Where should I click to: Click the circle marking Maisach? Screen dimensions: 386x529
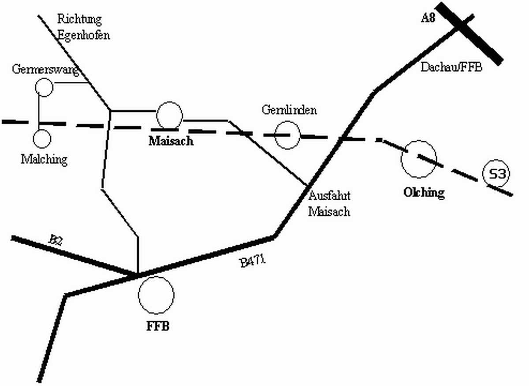169,115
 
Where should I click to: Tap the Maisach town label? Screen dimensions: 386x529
171,142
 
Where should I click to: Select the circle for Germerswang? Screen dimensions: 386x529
44,87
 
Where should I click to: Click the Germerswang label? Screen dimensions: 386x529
45,70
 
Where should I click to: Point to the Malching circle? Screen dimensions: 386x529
42,139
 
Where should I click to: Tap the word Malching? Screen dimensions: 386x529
45,159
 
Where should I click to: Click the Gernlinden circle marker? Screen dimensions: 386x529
287,135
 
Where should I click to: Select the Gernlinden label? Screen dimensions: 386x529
289,110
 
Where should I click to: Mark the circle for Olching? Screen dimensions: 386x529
418,159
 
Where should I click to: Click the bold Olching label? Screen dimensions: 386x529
424,193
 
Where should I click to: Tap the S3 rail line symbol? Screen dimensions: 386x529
496,175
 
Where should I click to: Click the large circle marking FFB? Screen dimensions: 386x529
156,295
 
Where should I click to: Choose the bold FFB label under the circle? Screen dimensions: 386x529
158,327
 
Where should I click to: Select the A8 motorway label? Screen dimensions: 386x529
429,18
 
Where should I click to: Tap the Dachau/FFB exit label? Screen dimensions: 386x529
451,67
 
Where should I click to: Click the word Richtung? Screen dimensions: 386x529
79,19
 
